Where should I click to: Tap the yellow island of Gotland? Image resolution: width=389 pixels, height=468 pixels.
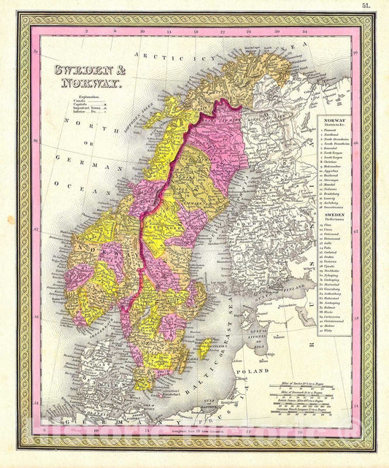coord(206,348)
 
